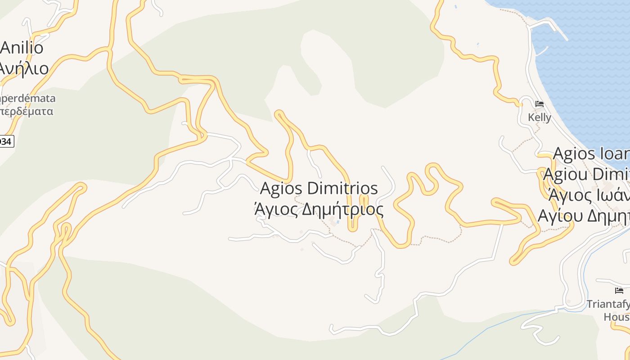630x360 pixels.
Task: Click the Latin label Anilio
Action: coord(22,48)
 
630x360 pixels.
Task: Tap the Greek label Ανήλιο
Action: coord(23,68)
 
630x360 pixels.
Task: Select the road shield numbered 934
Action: coord(6,141)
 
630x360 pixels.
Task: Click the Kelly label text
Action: coord(540,117)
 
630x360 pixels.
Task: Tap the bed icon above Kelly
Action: coord(540,104)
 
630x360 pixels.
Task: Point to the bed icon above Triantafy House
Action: coord(619,291)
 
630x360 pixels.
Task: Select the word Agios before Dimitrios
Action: coord(281,189)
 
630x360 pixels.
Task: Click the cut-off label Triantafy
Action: coord(608,304)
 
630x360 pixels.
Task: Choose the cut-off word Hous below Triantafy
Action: coord(616,317)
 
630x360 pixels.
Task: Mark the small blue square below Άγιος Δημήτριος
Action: coord(337,221)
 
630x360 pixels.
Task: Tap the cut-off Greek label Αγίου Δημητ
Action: coord(584,216)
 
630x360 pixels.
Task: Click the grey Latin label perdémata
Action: coord(28,99)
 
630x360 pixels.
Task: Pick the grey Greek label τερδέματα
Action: coord(27,111)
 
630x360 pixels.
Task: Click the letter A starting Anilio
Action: coord(6,48)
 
